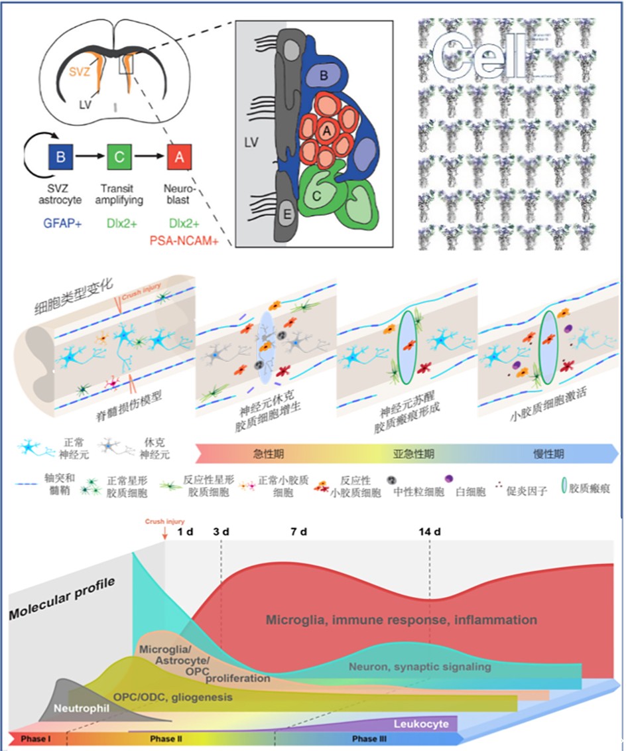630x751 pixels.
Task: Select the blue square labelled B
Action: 60,159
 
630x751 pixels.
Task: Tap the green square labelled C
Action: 119,159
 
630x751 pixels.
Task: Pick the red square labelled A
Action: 179,159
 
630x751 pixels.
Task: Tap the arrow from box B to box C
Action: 90,159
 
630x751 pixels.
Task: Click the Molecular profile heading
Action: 62,599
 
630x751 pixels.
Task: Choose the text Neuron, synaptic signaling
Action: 420,666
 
